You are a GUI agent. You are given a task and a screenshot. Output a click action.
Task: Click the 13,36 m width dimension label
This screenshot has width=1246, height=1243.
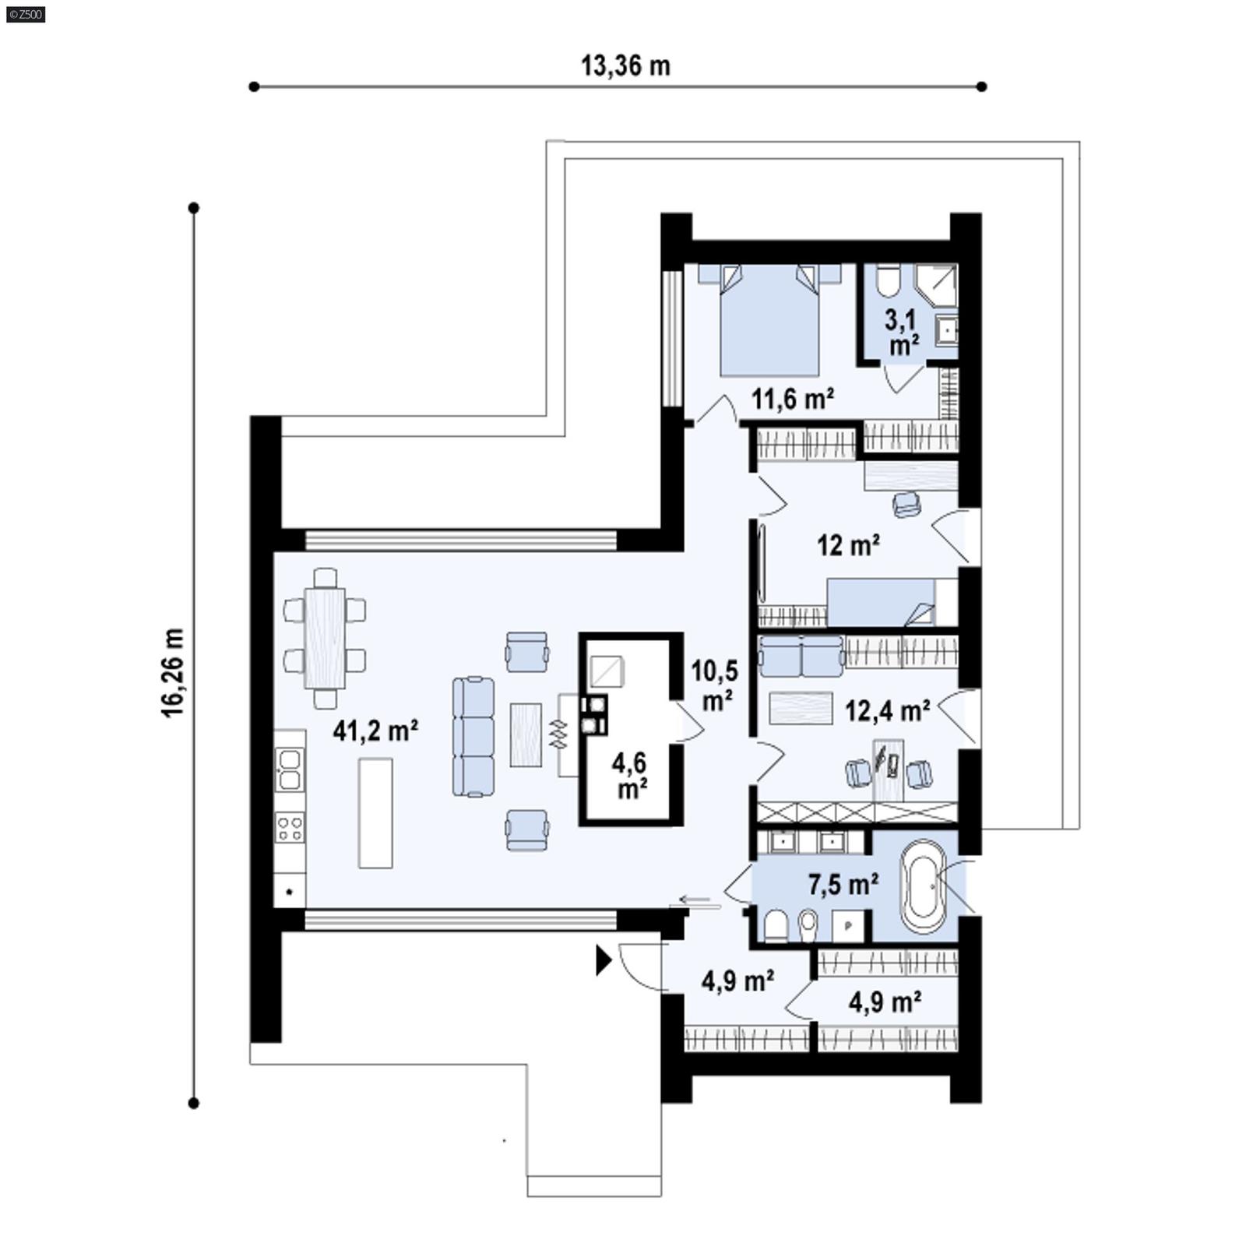(625, 66)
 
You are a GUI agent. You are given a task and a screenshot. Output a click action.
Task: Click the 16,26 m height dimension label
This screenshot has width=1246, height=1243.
(173, 672)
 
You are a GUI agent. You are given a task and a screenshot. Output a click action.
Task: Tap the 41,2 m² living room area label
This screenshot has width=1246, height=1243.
(375, 731)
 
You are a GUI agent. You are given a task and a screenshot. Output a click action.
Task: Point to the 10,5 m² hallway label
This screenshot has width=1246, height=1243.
(715, 685)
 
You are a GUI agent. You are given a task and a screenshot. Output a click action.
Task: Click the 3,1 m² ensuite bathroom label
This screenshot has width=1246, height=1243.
(902, 332)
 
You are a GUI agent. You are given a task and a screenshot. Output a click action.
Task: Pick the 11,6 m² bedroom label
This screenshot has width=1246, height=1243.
(792, 399)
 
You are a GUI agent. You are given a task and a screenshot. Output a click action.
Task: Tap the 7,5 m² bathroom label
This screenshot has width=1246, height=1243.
(843, 884)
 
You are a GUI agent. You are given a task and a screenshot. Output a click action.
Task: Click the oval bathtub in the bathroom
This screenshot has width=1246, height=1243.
(924, 886)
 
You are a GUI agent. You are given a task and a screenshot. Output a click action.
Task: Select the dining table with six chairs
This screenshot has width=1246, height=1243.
(325, 638)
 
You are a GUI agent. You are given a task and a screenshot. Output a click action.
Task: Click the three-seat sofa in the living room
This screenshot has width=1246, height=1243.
(473, 736)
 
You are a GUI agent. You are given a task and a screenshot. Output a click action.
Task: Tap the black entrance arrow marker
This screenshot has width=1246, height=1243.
(603, 960)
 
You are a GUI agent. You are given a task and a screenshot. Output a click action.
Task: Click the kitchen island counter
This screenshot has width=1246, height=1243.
(375, 812)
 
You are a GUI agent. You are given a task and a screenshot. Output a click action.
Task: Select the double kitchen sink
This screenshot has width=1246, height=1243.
(289, 769)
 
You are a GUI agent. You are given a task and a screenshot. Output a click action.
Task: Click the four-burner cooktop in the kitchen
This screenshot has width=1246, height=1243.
(290, 827)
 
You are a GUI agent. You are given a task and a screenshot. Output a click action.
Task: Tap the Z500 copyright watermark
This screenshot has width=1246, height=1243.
(25, 14)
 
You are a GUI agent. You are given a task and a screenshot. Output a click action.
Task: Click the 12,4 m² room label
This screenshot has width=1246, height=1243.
(886, 710)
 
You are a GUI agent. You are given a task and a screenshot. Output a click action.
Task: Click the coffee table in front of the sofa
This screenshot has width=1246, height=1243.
(526, 734)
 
